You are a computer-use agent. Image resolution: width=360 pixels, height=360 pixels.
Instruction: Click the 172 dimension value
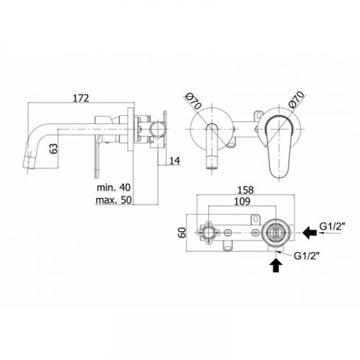[x=81, y=98]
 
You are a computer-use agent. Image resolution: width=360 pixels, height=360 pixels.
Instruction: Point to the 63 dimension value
[x=55, y=148]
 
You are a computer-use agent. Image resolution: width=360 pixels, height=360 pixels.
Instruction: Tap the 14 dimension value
[x=175, y=161]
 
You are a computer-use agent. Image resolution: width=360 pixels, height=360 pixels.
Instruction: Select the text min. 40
[x=114, y=187]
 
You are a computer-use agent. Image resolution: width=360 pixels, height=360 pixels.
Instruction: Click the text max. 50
[x=114, y=199]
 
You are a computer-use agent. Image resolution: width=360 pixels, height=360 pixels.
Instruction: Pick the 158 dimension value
[x=246, y=190]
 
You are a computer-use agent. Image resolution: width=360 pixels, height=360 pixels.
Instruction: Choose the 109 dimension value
[x=242, y=202]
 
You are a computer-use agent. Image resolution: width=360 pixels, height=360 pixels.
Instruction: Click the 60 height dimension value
[x=183, y=233]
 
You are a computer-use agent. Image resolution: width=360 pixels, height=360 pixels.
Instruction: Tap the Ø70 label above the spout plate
[x=194, y=102]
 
